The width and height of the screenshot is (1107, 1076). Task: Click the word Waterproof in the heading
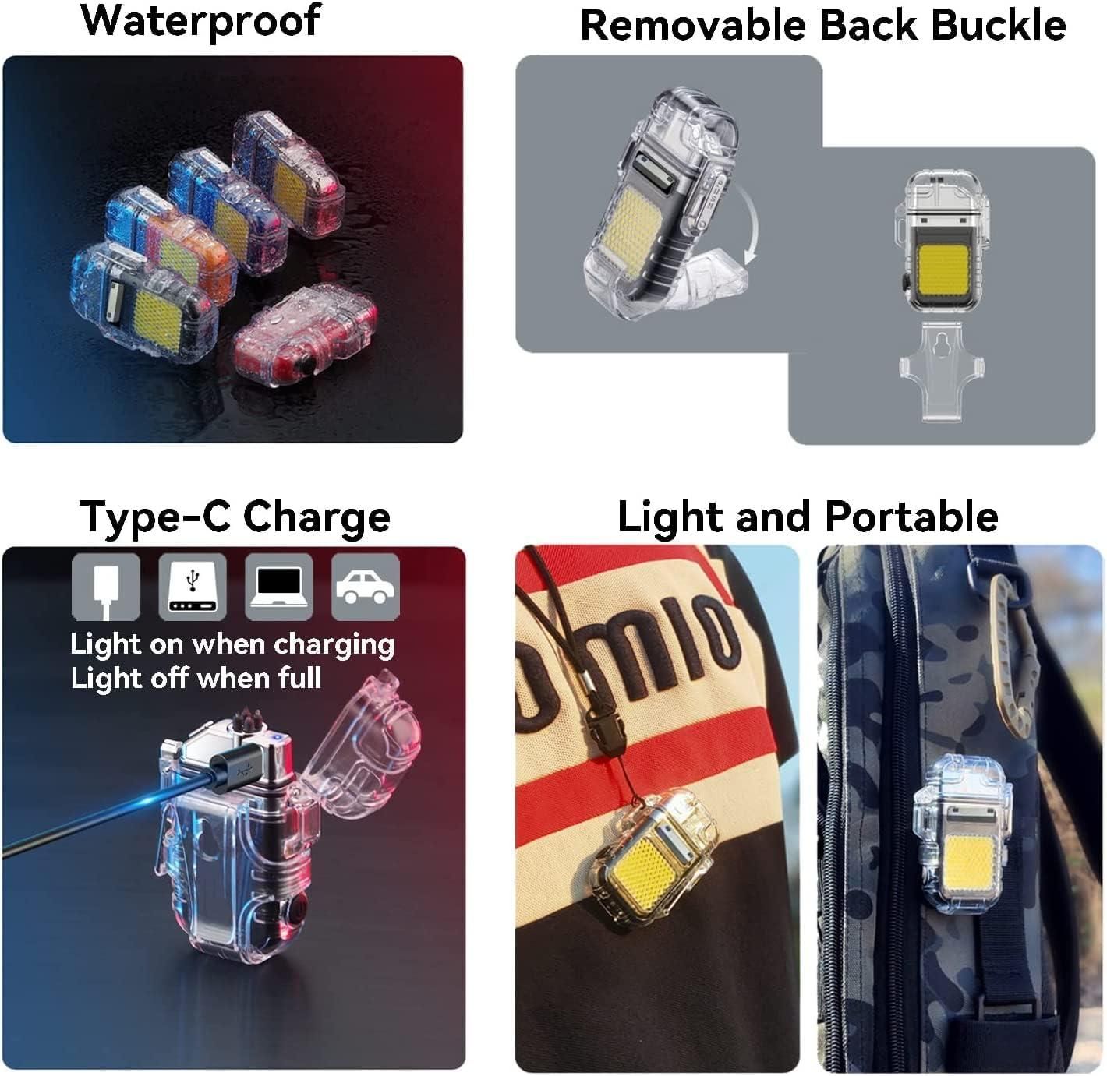(x=200, y=21)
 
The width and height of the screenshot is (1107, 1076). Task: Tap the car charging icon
(x=366, y=587)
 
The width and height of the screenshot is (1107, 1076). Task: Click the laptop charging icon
(x=279, y=587)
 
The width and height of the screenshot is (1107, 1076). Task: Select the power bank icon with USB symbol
(x=193, y=587)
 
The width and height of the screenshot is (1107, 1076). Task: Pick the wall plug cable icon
(x=106, y=587)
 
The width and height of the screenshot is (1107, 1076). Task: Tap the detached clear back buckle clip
(x=943, y=373)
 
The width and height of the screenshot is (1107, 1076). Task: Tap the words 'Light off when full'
(x=196, y=678)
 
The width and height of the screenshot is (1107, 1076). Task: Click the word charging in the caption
(x=334, y=644)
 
